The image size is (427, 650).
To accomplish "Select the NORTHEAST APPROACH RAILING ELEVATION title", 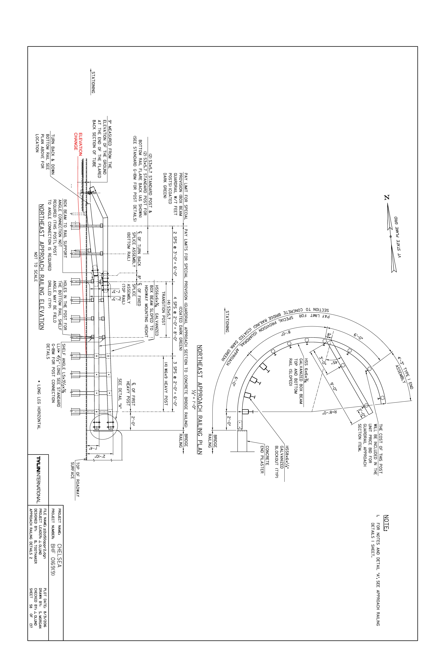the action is click(41, 267).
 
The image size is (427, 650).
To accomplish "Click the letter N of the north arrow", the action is click(387, 197).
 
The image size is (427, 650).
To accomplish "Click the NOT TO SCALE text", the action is click(35, 267).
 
